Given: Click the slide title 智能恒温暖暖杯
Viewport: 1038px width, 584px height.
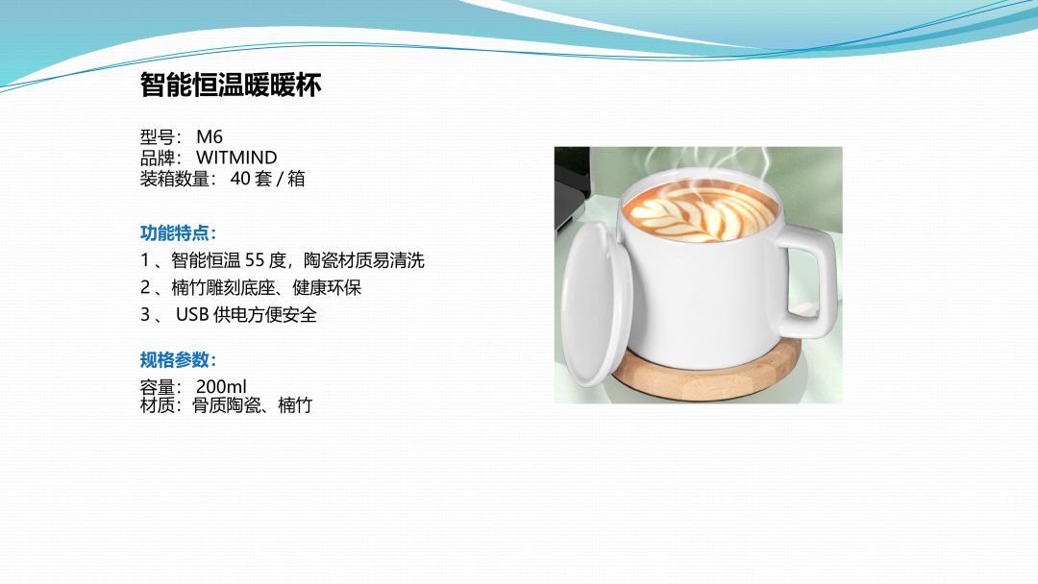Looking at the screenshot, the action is pos(231,85).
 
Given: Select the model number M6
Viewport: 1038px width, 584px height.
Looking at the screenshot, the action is pos(210,137).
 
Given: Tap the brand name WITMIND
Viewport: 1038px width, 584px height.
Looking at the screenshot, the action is pos(236,158).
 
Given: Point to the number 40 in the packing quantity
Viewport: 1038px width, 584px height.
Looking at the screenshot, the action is pos(240,179).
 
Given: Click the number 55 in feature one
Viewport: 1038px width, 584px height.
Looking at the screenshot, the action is pos(255,260).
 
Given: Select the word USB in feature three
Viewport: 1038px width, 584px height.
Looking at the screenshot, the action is pos(192,315).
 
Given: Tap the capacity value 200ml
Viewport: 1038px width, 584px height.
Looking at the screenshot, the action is pos(221,386).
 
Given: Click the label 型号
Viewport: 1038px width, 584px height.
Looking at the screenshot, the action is pos(157,137).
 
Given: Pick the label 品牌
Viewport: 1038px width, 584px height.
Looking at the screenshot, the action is pos(157,158).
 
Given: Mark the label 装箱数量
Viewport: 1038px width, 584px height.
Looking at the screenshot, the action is pos(175,179).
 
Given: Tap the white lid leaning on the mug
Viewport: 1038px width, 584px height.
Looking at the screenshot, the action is pos(595,304).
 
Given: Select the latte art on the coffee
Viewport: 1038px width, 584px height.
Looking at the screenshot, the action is pos(702,209).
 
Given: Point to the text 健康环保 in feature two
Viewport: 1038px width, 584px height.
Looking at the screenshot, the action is pos(327,288).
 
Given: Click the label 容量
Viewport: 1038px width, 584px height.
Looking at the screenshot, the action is pos(157,386).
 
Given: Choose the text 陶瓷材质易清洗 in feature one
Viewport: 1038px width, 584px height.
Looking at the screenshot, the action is pos(364,260).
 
